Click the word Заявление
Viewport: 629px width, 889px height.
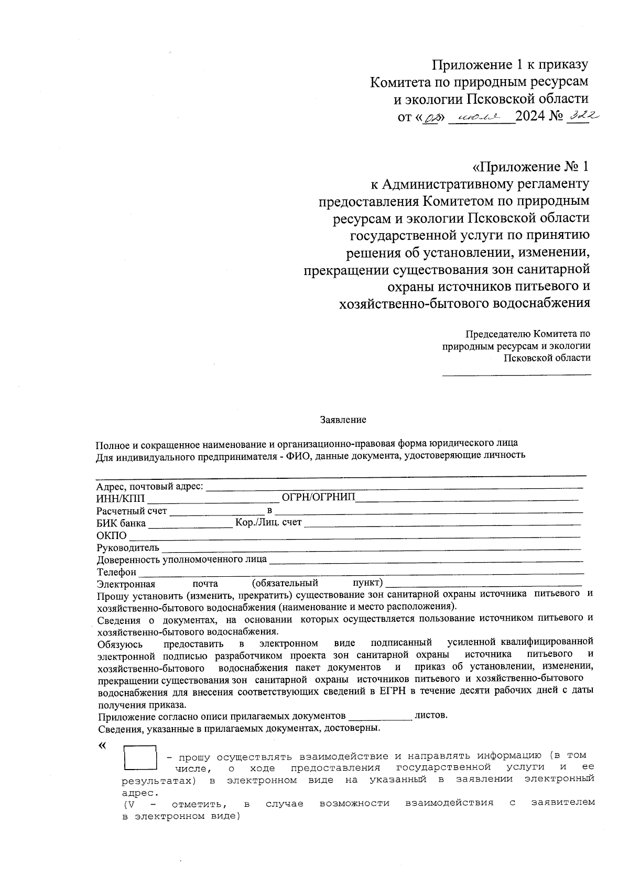(x=343, y=420)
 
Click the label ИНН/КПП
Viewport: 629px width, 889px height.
(x=120, y=498)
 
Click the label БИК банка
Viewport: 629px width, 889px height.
(x=121, y=523)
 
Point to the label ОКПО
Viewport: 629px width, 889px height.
(x=111, y=535)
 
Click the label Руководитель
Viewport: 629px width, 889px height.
(x=127, y=548)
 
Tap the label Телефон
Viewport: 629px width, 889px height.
(x=116, y=572)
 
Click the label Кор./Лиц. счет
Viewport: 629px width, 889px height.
(x=268, y=522)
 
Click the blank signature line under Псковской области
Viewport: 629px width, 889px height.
(x=516, y=374)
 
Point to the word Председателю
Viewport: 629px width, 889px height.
(x=498, y=334)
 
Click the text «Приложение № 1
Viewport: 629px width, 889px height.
(x=530, y=167)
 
